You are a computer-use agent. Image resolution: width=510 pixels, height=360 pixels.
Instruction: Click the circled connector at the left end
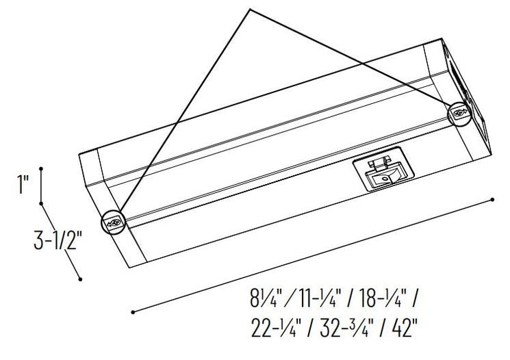[x=113, y=222]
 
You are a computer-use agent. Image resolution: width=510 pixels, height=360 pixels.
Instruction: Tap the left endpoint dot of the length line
[x=132, y=312]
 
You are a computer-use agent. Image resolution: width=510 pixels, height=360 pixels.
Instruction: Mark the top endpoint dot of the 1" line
[x=42, y=168]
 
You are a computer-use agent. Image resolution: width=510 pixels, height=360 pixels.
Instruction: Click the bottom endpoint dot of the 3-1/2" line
[x=81, y=279]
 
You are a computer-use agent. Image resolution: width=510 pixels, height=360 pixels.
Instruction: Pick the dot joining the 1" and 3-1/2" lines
[x=42, y=203]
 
